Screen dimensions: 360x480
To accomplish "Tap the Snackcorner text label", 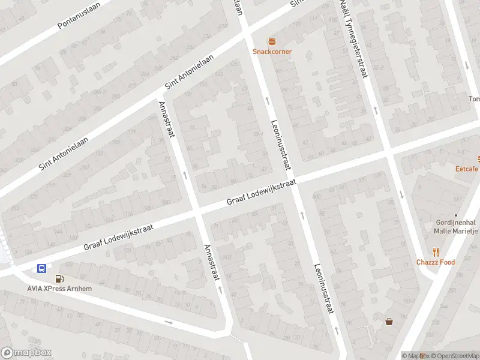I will (x=272, y=52).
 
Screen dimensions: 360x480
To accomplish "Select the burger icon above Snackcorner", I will (x=272, y=41).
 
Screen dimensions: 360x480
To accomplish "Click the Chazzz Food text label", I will (x=436, y=262).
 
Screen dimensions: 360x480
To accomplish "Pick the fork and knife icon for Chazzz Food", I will (x=436, y=253).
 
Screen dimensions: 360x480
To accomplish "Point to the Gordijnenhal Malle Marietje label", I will (x=455, y=226).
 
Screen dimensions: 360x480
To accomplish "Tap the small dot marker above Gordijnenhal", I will (x=455, y=215).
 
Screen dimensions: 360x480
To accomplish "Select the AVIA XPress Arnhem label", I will (x=59, y=288).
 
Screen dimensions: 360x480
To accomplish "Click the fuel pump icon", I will (x=59, y=278).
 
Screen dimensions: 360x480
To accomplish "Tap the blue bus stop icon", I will (x=42, y=268).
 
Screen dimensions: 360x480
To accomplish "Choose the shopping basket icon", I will (x=389, y=322).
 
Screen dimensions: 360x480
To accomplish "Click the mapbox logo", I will (x=26, y=353).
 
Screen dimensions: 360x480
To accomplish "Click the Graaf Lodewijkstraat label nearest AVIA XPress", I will (x=118, y=238).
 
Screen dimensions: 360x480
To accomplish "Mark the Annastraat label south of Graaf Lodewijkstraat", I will (x=212, y=262).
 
